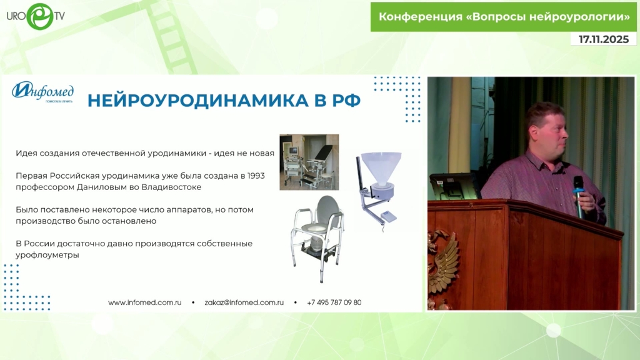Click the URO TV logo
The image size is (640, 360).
[36, 16]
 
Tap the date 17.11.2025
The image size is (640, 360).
[604, 39]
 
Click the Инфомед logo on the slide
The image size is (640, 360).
[43, 91]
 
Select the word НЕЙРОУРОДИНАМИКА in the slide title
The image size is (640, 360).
[197, 101]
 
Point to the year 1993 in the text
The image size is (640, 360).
[256, 176]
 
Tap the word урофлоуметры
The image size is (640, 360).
[47, 255]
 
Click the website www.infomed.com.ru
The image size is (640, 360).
[145, 302]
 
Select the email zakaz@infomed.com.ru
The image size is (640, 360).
[244, 302]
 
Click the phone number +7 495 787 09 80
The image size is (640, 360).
[334, 302]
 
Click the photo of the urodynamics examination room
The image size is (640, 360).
[309, 162]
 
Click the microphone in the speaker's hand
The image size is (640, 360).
[578, 196]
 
